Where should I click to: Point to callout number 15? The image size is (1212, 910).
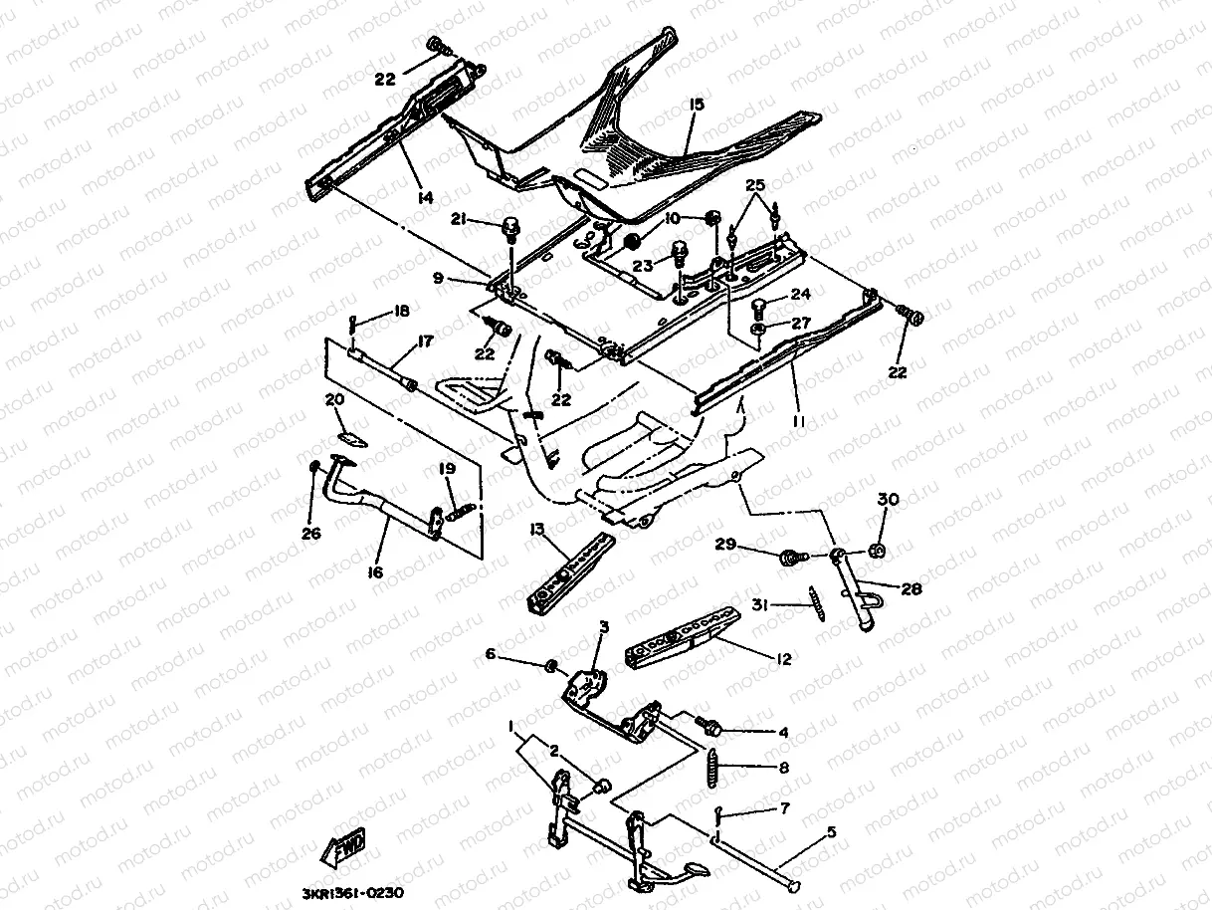pyautogui.click(x=696, y=104)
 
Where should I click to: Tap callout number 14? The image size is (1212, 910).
pyautogui.click(x=426, y=198)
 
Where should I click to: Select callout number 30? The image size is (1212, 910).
pyautogui.click(x=888, y=498)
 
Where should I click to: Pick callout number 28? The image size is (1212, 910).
pyautogui.click(x=910, y=589)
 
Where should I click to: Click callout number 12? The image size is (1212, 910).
pyautogui.click(x=784, y=658)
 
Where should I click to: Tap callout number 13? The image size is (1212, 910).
pyautogui.click(x=538, y=530)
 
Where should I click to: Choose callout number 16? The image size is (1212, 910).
pyautogui.click(x=375, y=573)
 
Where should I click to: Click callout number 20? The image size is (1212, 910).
pyautogui.click(x=334, y=398)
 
